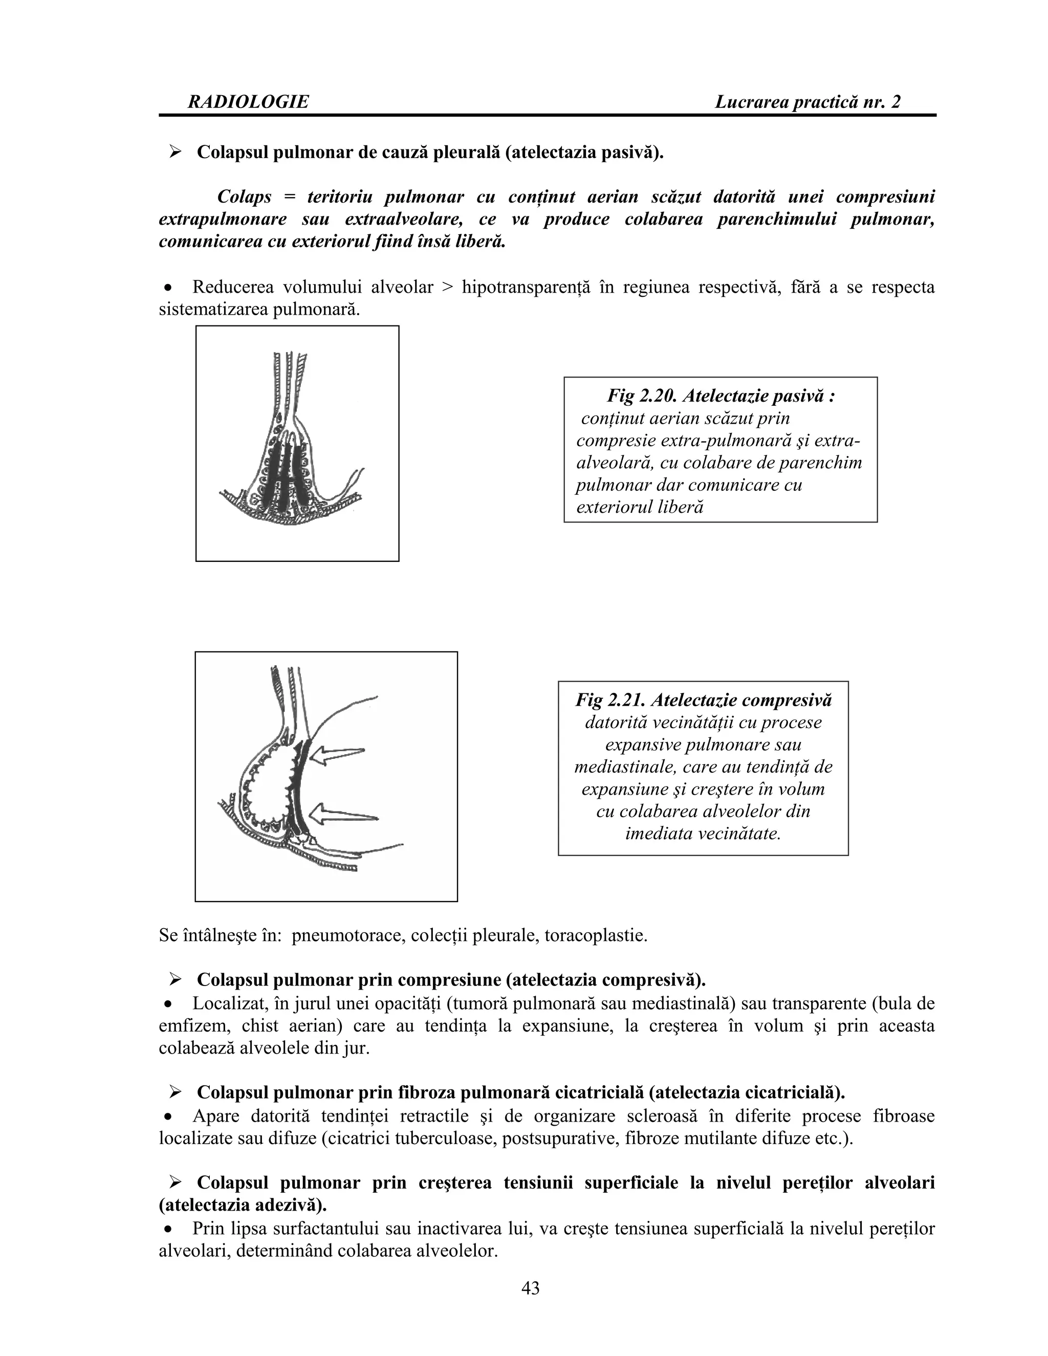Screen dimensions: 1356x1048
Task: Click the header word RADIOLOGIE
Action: click(248, 102)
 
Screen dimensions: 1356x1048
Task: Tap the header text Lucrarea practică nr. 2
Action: click(807, 102)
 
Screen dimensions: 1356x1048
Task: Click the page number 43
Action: click(530, 1288)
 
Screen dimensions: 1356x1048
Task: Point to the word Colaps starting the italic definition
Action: click(244, 197)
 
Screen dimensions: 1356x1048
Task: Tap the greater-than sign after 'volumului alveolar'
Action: click(447, 288)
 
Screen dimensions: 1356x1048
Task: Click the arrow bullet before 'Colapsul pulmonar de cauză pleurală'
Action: click(175, 151)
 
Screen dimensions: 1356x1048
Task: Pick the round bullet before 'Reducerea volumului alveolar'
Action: click(168, 288)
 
